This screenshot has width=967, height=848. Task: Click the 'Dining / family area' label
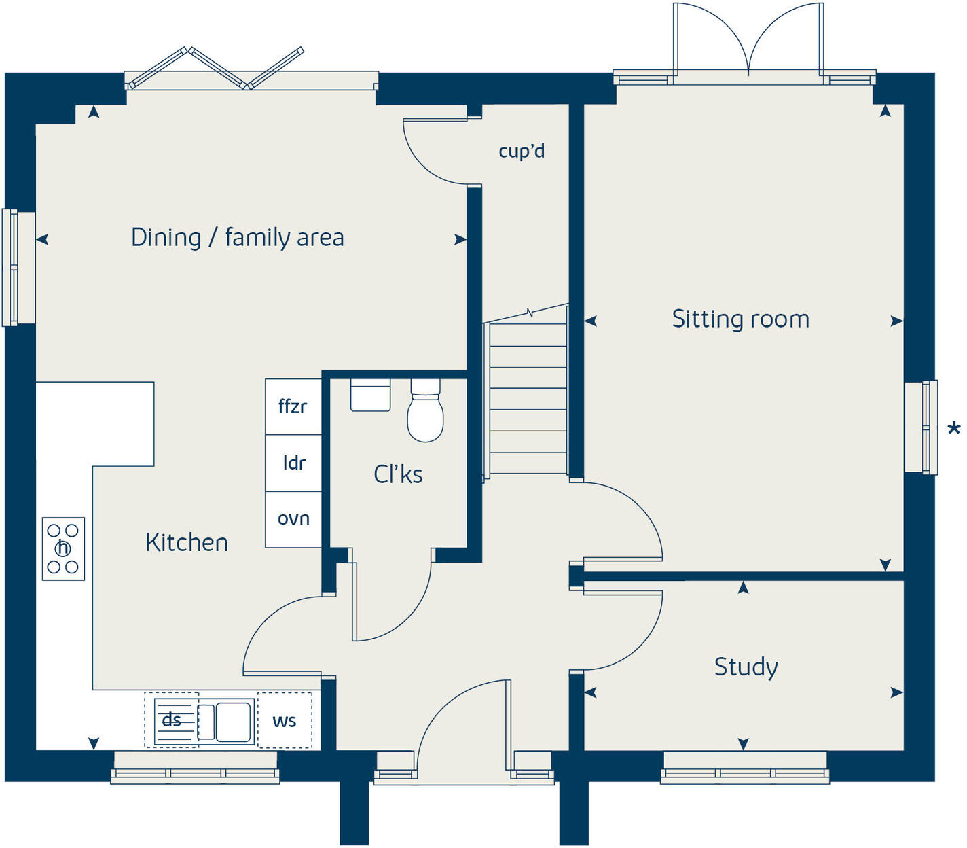click(x=237, y=238)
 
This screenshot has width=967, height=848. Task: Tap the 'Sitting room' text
click(x=740, y=319)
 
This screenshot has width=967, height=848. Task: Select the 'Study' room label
click(x=746, y=667)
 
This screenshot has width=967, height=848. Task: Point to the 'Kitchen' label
click(x=187, y=542)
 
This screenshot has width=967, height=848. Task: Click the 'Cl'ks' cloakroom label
click(x=398, y=474)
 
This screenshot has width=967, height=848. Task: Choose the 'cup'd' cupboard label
click(x=522, y=151)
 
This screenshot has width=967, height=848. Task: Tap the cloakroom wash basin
click(x=370, y=395)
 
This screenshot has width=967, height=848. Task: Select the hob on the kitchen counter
click(x=63, y=548)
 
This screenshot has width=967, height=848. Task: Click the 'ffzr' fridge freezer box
click(x=293, y=407)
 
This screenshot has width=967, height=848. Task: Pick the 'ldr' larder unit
click(x=293, y=463)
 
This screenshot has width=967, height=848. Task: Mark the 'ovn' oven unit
click(x=293, y=519)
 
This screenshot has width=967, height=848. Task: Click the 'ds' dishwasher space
click(x=171, y=720)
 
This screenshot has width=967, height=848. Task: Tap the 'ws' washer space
click(x=285, y=721)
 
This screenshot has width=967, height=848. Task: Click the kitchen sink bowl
click(x=233, y=722)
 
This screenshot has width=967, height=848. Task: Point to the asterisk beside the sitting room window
click(x=953, y=429)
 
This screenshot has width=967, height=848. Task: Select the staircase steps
click(x=528, y=401)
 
